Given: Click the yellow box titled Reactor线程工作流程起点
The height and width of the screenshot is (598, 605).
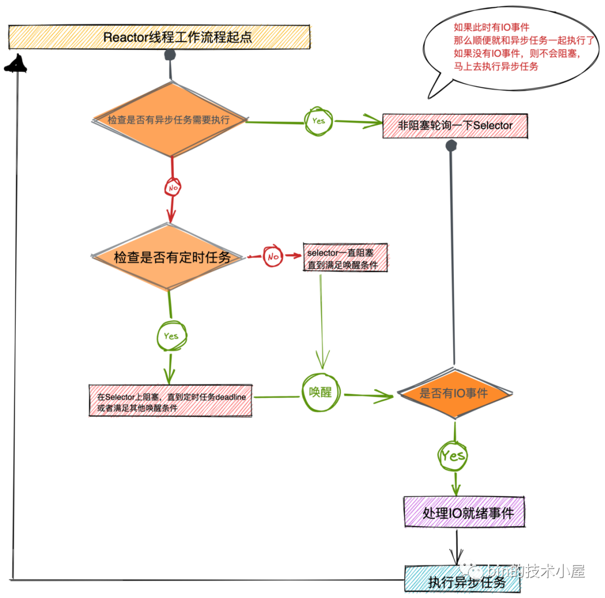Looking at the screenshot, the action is [159, 37].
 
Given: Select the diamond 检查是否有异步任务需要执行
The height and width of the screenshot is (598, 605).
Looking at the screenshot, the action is [170, 119].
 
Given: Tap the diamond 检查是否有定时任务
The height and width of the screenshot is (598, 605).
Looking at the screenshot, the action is [168, 257].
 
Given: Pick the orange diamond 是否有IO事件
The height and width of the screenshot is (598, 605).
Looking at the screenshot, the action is [454, 393].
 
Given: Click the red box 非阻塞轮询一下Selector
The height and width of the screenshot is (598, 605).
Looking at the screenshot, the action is [455, 125].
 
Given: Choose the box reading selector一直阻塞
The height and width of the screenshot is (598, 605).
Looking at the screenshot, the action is [345, 258].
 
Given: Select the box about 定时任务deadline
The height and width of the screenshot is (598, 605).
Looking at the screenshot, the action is [170, 400].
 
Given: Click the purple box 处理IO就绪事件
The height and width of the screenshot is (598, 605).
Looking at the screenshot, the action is [464, 512].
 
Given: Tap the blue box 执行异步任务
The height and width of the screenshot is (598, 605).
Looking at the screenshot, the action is [463, 579].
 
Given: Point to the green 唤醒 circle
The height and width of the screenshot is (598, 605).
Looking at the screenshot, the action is [320, 393].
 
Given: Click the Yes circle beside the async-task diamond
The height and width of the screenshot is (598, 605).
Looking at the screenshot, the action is [318, 122].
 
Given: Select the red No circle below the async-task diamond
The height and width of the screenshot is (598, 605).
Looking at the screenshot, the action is [173, 188].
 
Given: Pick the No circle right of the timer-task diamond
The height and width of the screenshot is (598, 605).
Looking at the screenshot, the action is [273, 256].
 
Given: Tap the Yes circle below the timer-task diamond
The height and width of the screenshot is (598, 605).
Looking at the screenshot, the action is [172, 336].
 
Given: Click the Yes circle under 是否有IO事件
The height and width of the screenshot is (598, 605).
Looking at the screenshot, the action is [453, 456].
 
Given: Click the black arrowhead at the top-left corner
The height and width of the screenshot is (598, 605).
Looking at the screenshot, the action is [16, 64].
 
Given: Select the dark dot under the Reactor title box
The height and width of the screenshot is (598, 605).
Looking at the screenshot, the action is [170, 55].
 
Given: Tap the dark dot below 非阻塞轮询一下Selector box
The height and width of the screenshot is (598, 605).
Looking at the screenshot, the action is [451, 146].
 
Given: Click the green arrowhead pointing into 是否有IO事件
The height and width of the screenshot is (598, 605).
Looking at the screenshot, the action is [383, 395].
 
